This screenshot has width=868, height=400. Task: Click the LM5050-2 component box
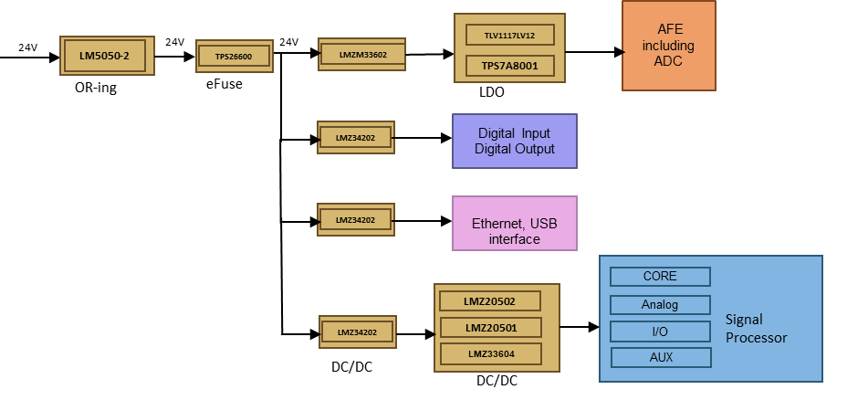[x=105, y=56]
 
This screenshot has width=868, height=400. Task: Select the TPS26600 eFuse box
[x=235, y=57]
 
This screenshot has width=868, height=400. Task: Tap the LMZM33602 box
[x=361, y=54]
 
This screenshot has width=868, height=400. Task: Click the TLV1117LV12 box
[x=509, y=35]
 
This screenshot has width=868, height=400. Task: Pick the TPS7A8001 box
[x=509, y=66]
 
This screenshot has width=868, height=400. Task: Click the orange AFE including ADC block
[x=668, y=46]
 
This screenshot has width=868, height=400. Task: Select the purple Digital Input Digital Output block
[x=515, y=142]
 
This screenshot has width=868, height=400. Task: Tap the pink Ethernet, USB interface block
[x=515, y=224]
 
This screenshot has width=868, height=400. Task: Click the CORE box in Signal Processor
[x=660, y=276]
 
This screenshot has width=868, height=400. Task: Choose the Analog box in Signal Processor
[x=660, y=304]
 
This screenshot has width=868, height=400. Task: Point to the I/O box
[x=660, y=331]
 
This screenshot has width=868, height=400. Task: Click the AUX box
[x=660, y=357]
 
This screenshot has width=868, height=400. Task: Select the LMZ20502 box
[x=490, y=300]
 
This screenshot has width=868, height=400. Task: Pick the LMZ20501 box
[x=490, y=327]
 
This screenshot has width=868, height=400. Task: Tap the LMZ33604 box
[x=490, y=353]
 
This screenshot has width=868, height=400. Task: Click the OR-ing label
[x=96, y=89]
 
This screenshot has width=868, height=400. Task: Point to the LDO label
[x=492, y=92]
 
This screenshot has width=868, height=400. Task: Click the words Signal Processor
[x=756, y=329]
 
